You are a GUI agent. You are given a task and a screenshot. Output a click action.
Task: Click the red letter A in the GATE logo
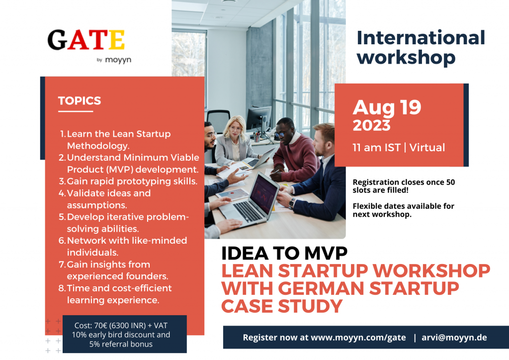point(79,40)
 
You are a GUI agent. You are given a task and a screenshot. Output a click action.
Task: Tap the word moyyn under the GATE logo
point(118,60)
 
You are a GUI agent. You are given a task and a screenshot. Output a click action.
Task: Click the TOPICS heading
point(80,100)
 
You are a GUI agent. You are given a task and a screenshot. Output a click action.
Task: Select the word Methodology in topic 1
point(98,146)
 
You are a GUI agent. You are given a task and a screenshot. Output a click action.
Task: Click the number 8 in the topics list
point(62,288)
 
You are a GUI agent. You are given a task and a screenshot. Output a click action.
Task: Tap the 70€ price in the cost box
point(100,325)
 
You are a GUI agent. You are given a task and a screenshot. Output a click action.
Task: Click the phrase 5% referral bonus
point(121,344)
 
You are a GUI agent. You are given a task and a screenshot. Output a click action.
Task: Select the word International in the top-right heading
point(421,38)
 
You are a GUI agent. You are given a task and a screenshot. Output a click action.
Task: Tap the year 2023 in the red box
point(371,125)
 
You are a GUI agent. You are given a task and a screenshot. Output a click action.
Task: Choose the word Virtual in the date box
point(427,147)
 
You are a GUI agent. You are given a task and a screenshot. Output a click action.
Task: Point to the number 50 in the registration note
point(450,182)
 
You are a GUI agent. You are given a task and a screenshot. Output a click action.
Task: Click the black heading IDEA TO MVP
point(284,253)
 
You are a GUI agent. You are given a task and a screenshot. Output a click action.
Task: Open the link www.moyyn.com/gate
point(358,338)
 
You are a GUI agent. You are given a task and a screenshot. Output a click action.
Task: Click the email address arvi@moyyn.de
point(454,338)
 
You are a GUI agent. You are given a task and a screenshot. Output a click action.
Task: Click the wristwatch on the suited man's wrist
point(292,203)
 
